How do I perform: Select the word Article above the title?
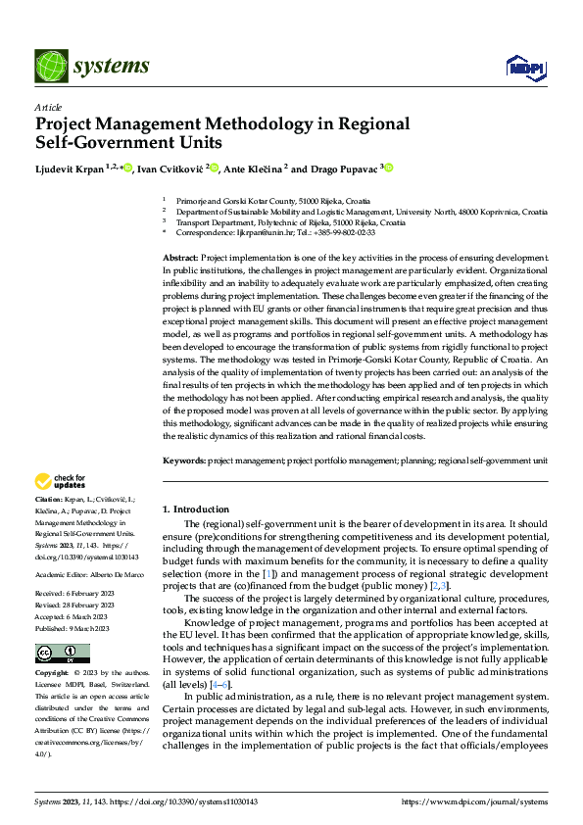pyautogui.click(x=48, y=106)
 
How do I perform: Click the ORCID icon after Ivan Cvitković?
pyautogui.click(x=214, y=169)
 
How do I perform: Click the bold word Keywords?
pyautogui.click(x=183, y=460)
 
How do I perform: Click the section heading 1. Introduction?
pyautogui.click(x=195, y=510)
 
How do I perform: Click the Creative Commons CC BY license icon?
pyautogui.click(x=62, y=653)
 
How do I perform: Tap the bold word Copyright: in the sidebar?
pyautogui.click(x=53, y=675)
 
